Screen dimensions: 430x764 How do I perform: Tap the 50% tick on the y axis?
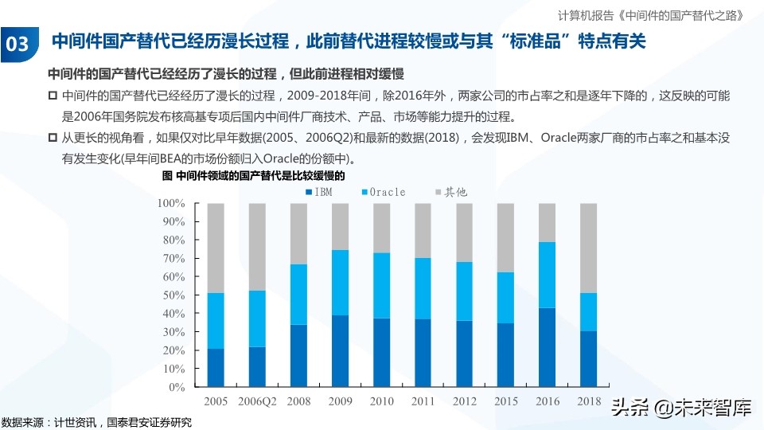coord(173,295)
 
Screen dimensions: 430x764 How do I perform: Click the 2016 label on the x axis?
coord(548,402)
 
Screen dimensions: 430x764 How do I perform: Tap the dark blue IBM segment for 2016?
coord(548,347)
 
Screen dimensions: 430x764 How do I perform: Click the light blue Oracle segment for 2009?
coord(340,283)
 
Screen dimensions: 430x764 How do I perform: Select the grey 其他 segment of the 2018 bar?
coord(589,248)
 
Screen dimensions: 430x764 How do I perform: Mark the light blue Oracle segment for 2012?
coord(465,291)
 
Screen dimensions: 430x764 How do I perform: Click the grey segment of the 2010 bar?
coord(381,228)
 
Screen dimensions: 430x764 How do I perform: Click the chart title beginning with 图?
coord(259,175)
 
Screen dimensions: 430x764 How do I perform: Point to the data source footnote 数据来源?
coord(96,421)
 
